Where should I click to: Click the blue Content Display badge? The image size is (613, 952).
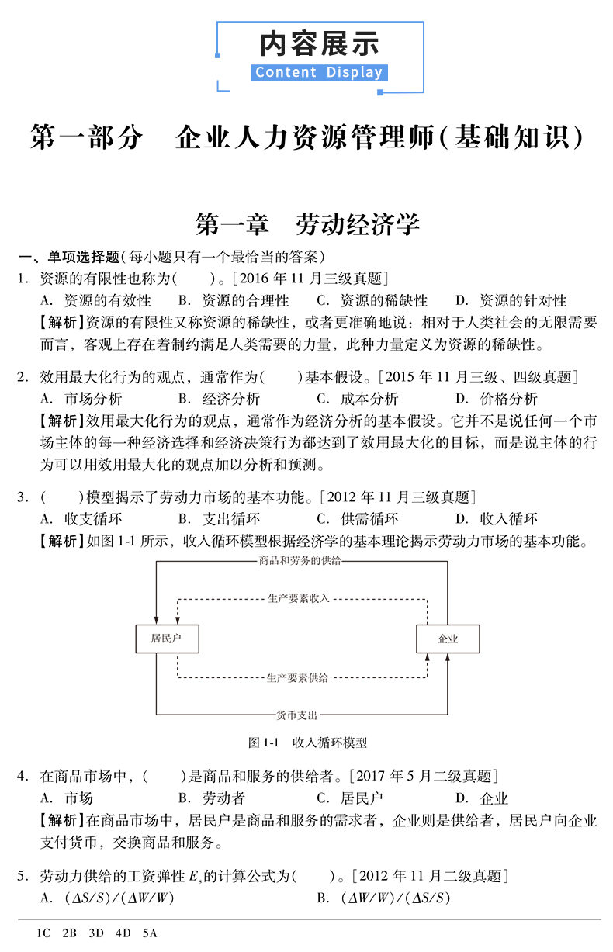(x=319, y=73)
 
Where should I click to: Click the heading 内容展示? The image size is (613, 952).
(x=319, y=43)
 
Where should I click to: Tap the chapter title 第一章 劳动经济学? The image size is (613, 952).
(x=307, y=225)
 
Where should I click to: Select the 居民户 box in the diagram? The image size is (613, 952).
(x=167, y=639)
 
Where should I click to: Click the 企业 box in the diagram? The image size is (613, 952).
(x=448, y=639)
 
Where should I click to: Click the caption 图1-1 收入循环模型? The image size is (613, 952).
(x=307, y=743)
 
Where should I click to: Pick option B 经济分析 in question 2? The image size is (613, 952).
(x=219, y=399)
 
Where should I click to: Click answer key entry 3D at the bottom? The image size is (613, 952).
(x=96, y=933)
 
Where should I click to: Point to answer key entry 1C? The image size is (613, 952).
(x=43, y=933)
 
